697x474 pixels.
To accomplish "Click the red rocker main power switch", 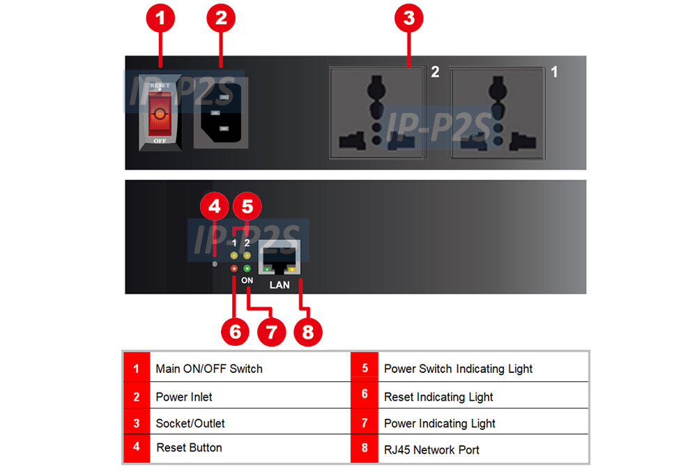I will tap(160, 113).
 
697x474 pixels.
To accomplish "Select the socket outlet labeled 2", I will tap(376, 113).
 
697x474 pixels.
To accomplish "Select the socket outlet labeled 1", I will tap(496, 113).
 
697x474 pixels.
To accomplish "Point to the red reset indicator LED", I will tap(234, 268).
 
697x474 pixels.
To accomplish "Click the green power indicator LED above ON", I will tap(247, 268).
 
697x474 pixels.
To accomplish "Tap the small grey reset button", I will tap(215, 264).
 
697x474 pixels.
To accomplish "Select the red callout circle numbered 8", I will tap(307, 331).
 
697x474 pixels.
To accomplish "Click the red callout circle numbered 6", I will tap(234, 331).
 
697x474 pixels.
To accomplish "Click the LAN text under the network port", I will tap(279, 285).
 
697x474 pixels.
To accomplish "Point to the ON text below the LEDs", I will tap(247, 280).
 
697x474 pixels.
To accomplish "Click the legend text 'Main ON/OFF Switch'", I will tap(209, 369).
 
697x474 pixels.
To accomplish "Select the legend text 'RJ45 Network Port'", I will tap(431, 450).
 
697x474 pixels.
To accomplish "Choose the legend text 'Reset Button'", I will tap(189, 448).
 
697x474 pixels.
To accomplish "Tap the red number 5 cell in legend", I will tap(365, 369).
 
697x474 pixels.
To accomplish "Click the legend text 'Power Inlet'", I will tap(184, 397).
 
